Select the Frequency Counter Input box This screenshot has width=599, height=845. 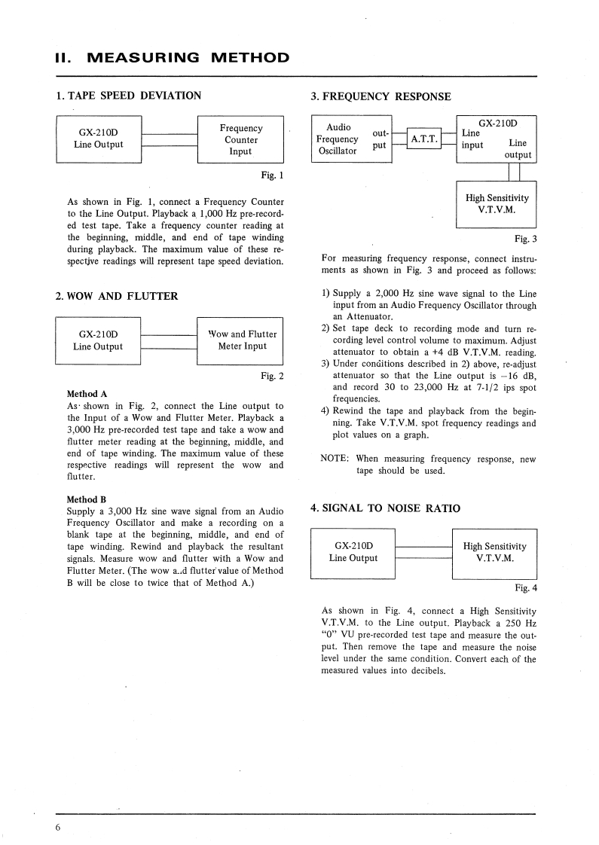tap(240, 139)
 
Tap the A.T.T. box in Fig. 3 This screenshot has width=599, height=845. tap(423, 139)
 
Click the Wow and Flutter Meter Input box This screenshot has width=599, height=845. tap(240, 340)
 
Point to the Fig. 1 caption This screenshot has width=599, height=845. tap(271, 177)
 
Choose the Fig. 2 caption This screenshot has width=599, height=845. tap(271, 376)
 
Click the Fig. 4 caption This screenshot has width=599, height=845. tap(525, 587)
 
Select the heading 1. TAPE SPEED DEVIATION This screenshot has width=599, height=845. tap(129, 96)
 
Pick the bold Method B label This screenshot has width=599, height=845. tap(87, 499)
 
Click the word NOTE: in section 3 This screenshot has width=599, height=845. tap(335, 459)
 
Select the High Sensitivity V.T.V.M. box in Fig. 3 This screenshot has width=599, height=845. tap(497, 203)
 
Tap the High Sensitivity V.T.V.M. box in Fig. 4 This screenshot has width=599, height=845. tap(494, 553)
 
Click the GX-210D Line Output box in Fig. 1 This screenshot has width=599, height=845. tap(98, 139)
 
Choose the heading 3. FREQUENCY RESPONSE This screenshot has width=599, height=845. tap(380, 96)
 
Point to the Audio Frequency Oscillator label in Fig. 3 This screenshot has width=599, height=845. tap(338, 139)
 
